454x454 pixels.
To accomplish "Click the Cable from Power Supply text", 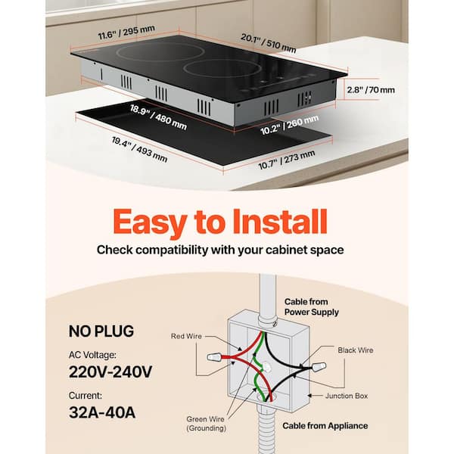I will point(312,306).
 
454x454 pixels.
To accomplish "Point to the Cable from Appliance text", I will point(325,426).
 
